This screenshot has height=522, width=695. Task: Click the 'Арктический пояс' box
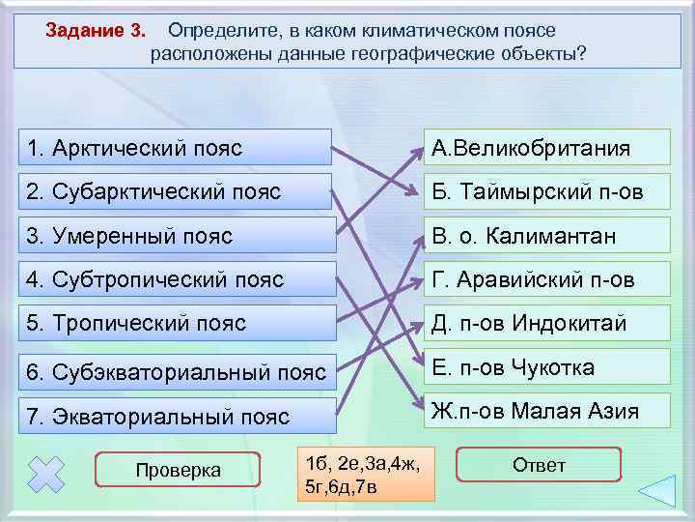175,148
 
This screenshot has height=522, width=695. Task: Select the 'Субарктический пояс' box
175,191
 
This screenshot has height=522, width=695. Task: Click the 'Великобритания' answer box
545,148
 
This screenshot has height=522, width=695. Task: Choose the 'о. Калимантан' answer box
545,236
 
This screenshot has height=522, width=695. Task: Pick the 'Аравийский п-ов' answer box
545,280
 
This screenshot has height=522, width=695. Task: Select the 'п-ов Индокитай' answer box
545,323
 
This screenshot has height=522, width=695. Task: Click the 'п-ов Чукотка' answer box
545,367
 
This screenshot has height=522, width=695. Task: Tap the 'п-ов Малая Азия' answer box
545,411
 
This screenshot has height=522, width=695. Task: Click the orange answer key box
366,473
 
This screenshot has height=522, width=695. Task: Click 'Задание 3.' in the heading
96,30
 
